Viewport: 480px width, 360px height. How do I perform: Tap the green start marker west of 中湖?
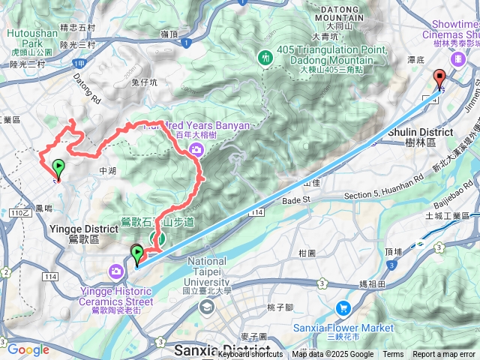pos(58,167)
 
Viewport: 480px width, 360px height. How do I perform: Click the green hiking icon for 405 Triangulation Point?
pos(265,57)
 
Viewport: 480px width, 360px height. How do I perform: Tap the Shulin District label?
pos(427,133)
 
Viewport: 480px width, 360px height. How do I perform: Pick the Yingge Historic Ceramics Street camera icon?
pos(117,271)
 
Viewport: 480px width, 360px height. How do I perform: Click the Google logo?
pos(28,349)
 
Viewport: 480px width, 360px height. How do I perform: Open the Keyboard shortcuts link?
pos(250,355)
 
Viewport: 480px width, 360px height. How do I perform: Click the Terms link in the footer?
pos(393,355)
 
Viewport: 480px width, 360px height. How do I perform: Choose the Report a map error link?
pos(445,355)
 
